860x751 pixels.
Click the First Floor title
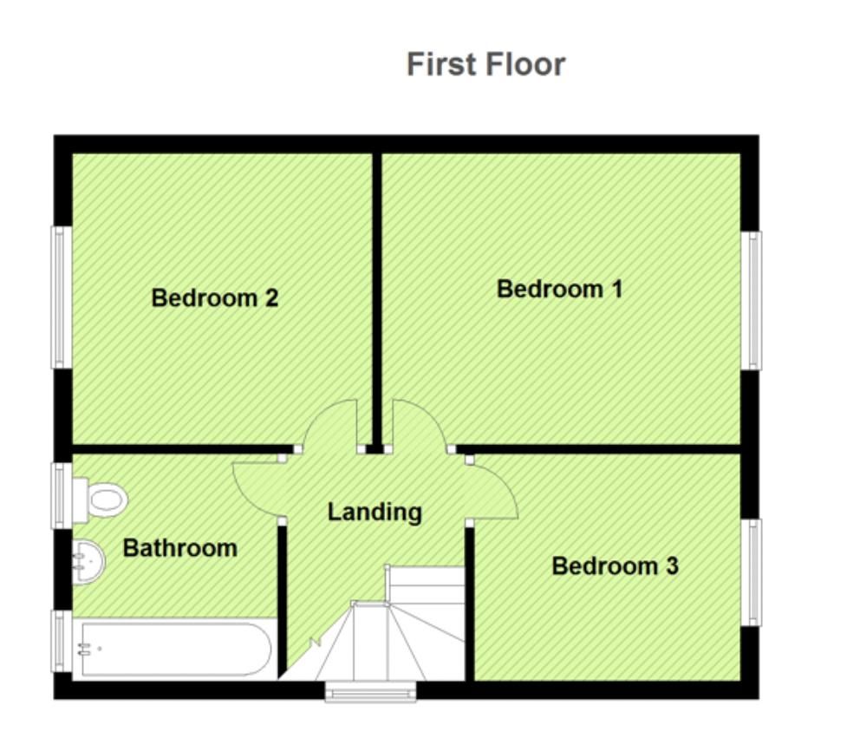click(x=486, y=64)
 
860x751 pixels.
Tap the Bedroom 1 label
click(x=559, y=289)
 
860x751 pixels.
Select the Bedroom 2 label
click(x=215, y=297)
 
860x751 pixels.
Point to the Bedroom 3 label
click(x=615, y=566)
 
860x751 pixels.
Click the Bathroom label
click(x=180, y=548)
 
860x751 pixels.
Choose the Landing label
click(x=375, y=512)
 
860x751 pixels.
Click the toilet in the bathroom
click(x=101, y=500)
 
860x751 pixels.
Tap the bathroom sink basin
click(x=88, y=561)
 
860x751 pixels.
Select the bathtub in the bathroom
click(x=173, y=649)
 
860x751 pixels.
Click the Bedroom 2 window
click(x=62, y=297)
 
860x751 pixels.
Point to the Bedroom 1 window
click(x=752, y=301)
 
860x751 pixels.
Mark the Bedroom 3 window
click(x=752, y=572)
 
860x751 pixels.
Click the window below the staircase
click(x=371, y=692)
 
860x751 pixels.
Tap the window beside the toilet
click(x=62, y=496)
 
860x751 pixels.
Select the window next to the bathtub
click(x=62, y=641)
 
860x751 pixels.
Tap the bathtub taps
click(x=85, y=650)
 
